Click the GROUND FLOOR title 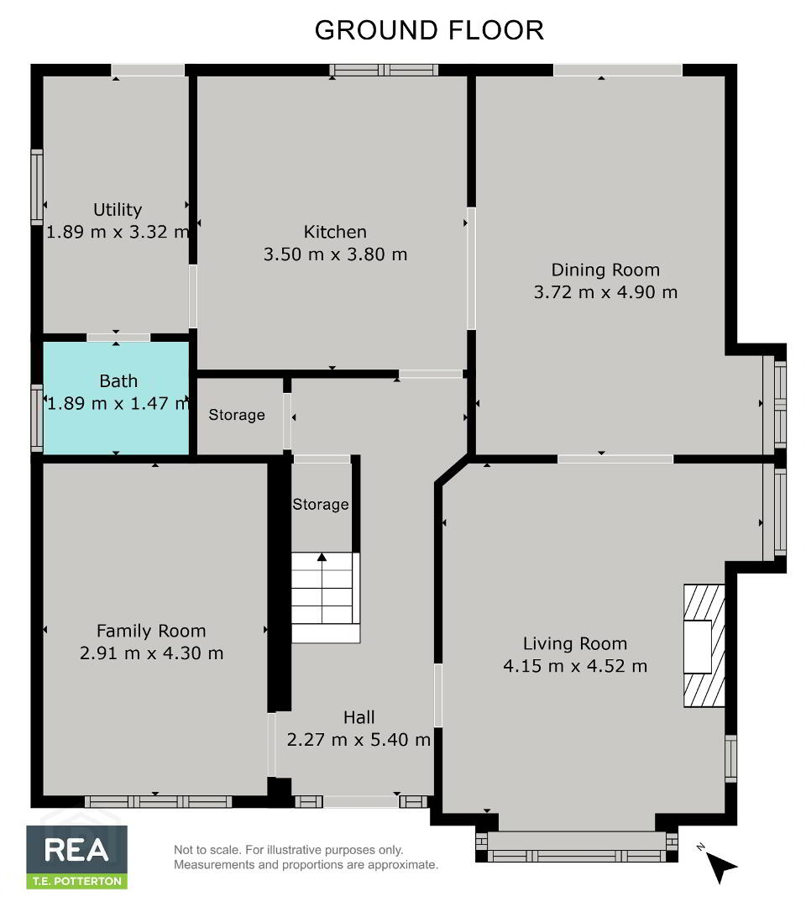(429, 31)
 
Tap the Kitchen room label (335, 232)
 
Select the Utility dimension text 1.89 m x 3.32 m (118, 232)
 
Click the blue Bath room (116, 398)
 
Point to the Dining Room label (605, 270)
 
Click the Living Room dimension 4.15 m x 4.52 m (575, 666)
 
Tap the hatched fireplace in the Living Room (704, 646)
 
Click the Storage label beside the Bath (237, 415)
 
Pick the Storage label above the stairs (321, 505)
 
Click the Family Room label (151, 631)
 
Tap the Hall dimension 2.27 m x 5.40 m (359, 740)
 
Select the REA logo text (76, 850)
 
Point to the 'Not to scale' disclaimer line (289, 850)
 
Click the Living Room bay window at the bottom (577, 847)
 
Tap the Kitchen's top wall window (384, 70)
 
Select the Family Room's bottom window (159, 802)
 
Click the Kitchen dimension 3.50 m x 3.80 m (335, 254)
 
